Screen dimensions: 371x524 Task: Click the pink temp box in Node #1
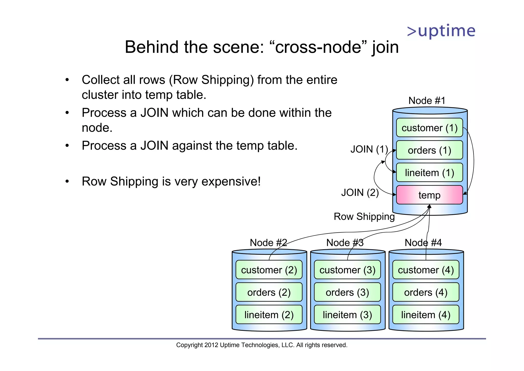429,195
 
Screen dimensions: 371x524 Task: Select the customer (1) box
429,128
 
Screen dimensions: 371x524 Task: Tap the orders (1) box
429,150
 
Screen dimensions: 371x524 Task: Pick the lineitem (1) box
429,172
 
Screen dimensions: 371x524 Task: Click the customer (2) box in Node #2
269,270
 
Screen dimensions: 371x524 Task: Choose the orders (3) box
347,292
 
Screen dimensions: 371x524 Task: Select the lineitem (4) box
425,315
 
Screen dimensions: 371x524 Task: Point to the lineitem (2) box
269,315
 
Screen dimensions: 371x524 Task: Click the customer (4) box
425,270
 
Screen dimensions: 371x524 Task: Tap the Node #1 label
427,100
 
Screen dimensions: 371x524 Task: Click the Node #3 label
345,242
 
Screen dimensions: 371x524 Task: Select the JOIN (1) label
369,149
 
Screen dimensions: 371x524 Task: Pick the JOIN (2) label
360,192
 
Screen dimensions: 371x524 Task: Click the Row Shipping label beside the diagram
364,217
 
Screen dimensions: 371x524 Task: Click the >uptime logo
441,31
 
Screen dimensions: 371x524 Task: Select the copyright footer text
262,345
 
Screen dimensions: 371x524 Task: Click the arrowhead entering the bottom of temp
429,206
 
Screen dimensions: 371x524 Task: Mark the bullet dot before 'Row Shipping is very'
67,182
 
